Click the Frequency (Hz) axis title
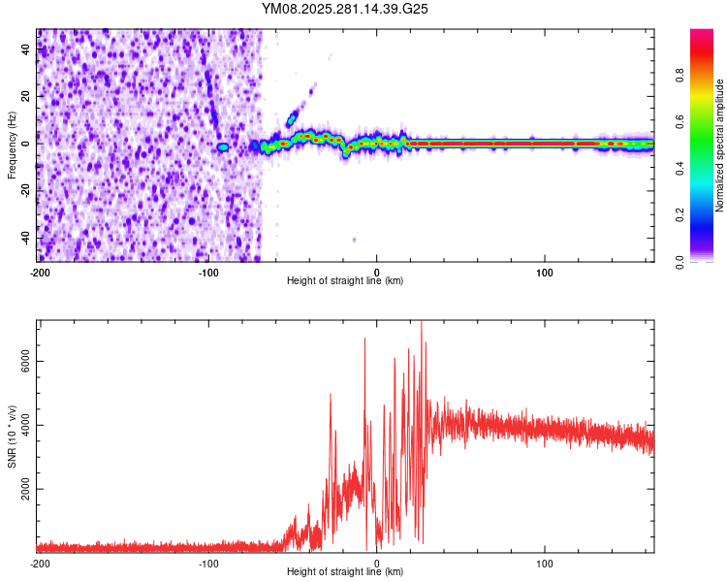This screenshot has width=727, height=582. tap(12, 145)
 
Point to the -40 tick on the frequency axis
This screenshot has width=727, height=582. tap(26, 238)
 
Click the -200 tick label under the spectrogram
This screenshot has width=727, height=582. tap(40, 272)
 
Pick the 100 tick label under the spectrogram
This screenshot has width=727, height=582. tap(545, 272)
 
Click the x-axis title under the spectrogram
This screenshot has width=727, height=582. tap(345, 281)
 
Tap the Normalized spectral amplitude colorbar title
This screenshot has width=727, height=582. tap(719, 145)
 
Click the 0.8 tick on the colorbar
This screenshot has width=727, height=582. tap(708, 76)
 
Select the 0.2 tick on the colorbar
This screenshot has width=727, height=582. tap(708, 215)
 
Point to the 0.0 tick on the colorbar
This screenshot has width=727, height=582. tap(708, 261)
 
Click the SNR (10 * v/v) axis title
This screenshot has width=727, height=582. tap(12, 435)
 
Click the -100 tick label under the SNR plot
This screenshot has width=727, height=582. tap(207, 564)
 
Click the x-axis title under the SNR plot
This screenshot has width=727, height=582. tap(345, 572)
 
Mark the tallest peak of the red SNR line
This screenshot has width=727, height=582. tap(421, 322)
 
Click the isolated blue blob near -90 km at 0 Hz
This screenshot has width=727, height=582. tap(222, 146)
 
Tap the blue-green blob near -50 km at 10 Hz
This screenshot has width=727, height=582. tap(291, 119)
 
